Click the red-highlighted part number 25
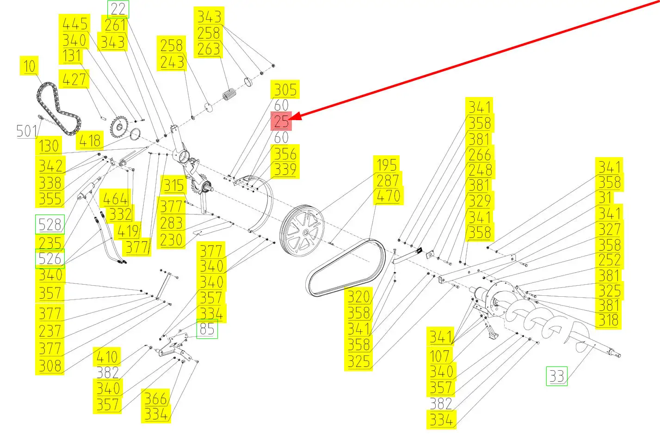pos(281,121)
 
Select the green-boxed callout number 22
pos(118,9)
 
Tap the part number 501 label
pos(26,131)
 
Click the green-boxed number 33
pos(557,376)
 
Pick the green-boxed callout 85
pos(207,329)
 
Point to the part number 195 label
pos(387,165)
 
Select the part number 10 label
pos(29,66)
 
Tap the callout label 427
pos(74,79)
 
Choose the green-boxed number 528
pos(50,225)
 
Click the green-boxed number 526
pos(50,258)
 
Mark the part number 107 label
pos(440,356)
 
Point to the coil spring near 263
pos(229,95)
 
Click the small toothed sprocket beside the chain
pos(119,127)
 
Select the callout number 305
pos(285,89)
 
